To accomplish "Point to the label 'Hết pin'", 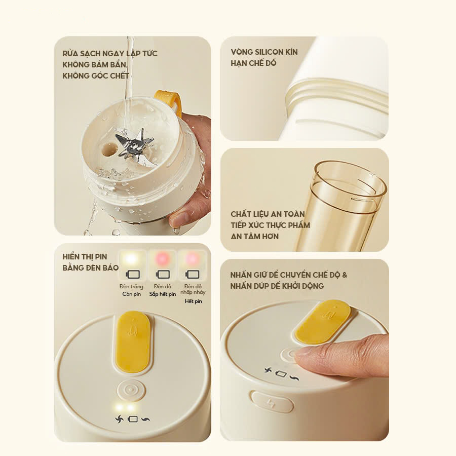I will (193, 301).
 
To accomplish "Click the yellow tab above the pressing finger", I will (323, 321).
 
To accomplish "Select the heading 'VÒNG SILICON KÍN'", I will (264, 52).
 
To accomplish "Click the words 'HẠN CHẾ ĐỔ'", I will (253, 63).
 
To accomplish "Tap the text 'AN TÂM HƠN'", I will (254, 236).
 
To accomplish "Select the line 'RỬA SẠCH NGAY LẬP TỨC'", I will (110, 53).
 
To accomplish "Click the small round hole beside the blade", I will (108, 149).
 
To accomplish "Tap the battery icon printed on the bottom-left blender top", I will (133, 419).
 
